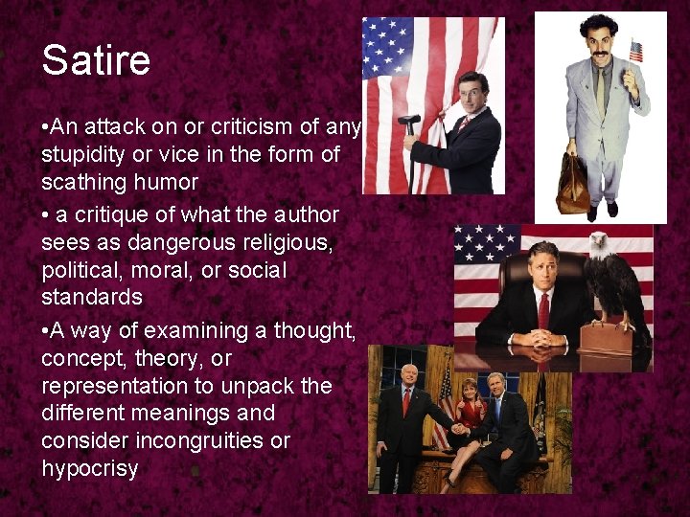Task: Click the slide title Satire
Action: tap(96, 61)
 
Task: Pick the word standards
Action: tap(92, 297)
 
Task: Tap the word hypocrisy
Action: tap(89, 468)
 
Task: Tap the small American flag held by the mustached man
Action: tap(635, 51)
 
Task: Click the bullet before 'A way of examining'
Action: tap(46, 331)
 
